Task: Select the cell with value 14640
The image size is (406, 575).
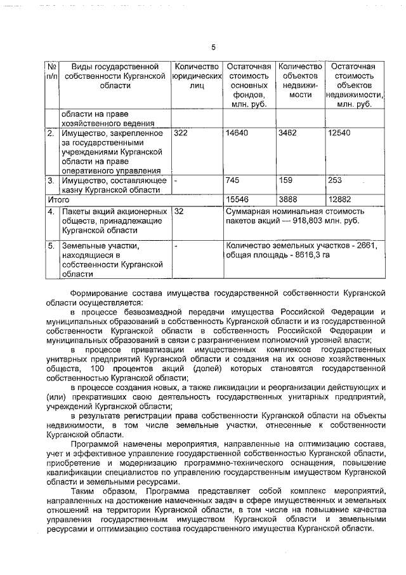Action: (x=237, y=133)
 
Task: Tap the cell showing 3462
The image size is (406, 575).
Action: (x=289, y=133)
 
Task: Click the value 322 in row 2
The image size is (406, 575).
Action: (x=181, y=133)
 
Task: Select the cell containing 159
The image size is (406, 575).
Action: (x=285, y=180)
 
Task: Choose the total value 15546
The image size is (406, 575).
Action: (x=237, y=200)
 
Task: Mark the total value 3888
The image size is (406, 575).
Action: (x=289, y=200)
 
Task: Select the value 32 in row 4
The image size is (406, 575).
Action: (x=179, y=211)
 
